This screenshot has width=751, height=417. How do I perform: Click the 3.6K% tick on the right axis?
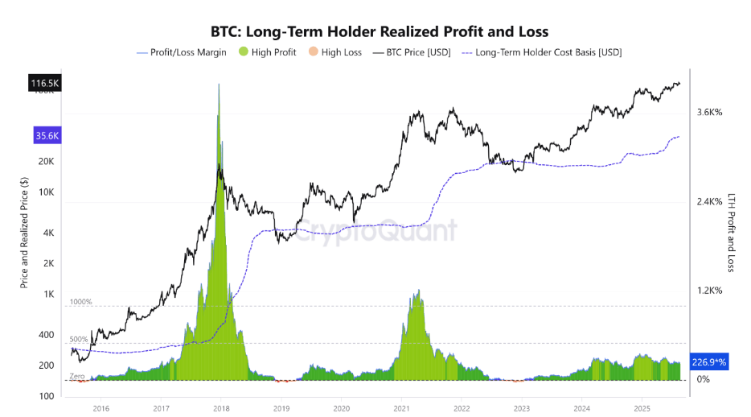click(709, 113)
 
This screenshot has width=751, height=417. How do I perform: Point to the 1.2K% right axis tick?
click(709, 291)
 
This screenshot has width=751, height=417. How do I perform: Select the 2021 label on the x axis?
click(401, 408)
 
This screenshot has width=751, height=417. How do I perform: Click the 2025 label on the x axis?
click(641, 408)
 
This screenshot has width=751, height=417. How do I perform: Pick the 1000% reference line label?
click(81, 302)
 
